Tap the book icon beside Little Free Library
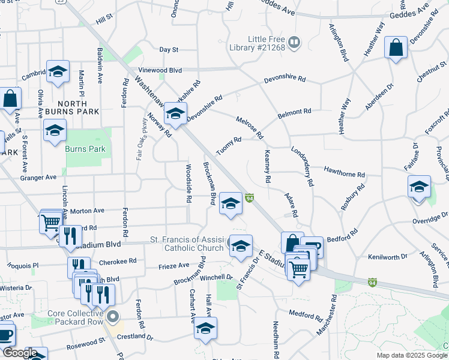pyautogui.click(x=294, y=41)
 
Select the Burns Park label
pyautogui.click(x=85, y=149)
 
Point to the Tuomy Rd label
pyautogui.click(x=229, y=145)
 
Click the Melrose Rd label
pyautogui.click(x=250, y=127)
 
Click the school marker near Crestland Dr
pyautogui.click(x=205, y=328)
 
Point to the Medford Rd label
pyautogui.click(x=306, y=314)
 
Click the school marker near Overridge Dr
pyautogui.click(x=418, y=187)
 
